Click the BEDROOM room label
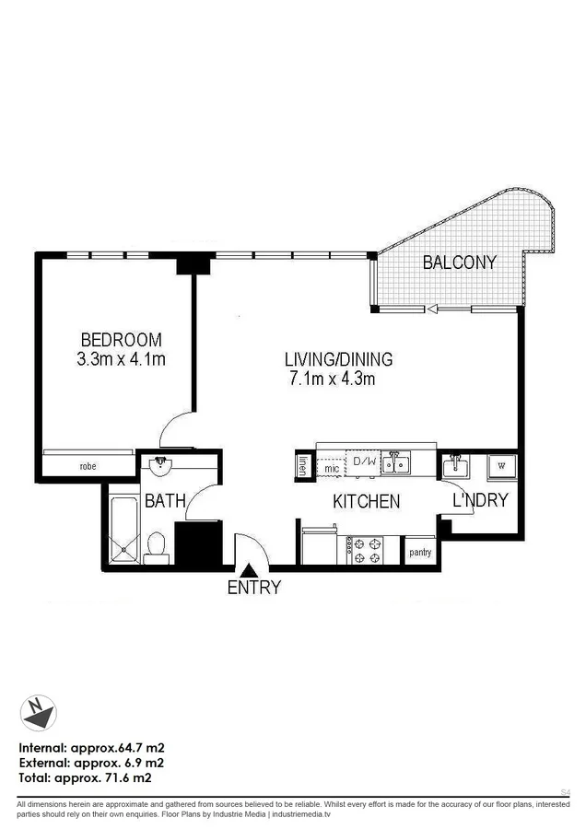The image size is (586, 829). (x=122, y=339)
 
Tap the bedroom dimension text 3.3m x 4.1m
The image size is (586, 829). (x=122, y=359)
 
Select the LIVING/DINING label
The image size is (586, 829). (x=338, y=359)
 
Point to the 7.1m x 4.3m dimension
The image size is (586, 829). (x=333, y=379)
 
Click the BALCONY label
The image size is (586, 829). (x=459, y=263)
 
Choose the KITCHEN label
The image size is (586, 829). (x=366, y=502)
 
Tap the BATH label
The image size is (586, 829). (x=165, y=502)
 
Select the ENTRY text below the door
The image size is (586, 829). (x=253, y=588)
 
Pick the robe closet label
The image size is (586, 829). (x=88, y=467)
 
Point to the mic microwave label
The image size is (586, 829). (x=332, y=469)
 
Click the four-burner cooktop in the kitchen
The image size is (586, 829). (x=365, y=551)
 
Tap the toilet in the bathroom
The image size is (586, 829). (x=158, y=546)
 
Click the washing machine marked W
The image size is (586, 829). (x=501, y=466)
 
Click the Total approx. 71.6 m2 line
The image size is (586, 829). (x=85, y=778)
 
